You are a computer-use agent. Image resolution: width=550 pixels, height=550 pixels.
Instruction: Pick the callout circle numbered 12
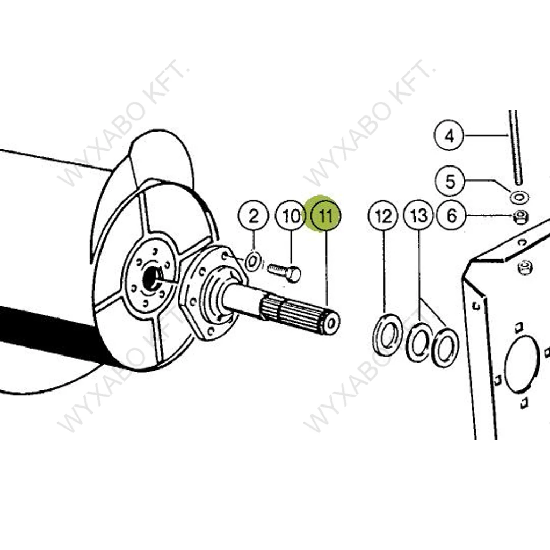click(383, 216)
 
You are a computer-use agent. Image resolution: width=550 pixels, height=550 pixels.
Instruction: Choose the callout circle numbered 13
click(419, 216)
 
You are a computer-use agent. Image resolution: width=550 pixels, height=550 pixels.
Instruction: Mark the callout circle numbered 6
click(452, 216)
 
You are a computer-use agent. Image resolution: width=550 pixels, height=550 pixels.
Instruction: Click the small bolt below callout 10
click(285, 272)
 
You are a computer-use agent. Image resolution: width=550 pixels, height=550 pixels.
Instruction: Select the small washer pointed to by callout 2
click(252, 262)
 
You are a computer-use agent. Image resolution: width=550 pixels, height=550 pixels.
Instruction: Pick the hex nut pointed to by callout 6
click(519, 218)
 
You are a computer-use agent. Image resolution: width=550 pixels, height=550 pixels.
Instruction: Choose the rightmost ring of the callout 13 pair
click(445, 349)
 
